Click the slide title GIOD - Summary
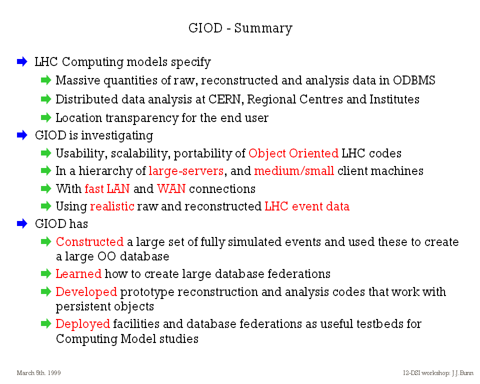tap(240, 28)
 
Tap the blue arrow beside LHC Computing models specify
tap(22, 61)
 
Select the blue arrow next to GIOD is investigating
tap(22, 135)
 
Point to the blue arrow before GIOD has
tap(22, 223)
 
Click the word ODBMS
tap(414, 80)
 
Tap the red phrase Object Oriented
tap(293, 153)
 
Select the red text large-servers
tap(186, 171)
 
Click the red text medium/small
tap(294, 171)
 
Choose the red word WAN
tap(171, 188)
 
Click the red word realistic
tap(112, 206)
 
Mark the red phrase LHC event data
tap(306, 206)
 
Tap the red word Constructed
tap(89, 241)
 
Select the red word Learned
tap(78, 273)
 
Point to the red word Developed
tap(86, 292)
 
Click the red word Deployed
tap(82, 324)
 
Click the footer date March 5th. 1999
tap(38, 372)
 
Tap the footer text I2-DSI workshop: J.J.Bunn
tap(438, 372)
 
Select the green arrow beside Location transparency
tap(46, 117)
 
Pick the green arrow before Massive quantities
tap(46, 80)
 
